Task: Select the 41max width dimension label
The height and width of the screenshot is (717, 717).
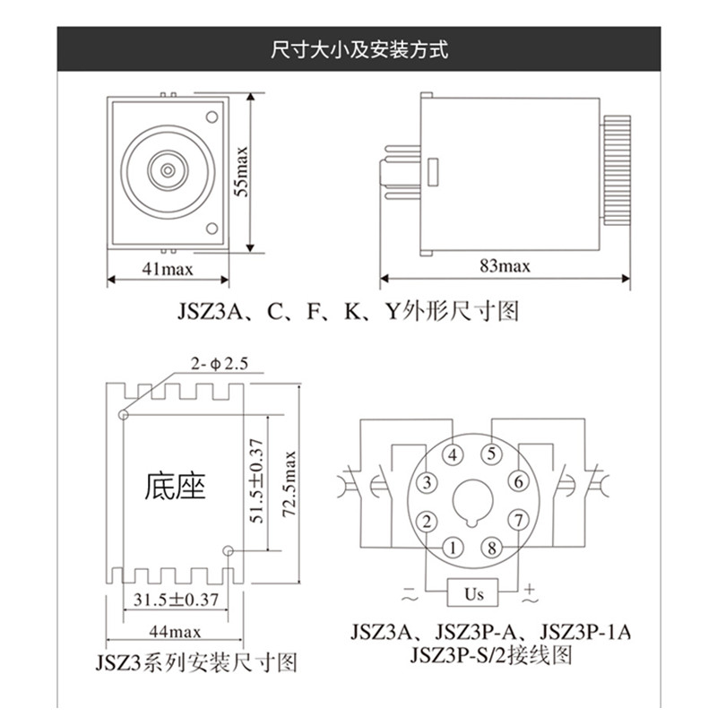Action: tap(167, 266)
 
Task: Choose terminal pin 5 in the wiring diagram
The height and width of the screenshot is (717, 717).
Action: tap(491, 454)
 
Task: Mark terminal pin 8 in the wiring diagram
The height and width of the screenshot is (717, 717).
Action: tap(491, 547)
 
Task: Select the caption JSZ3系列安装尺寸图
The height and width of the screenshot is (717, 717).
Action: tap(195, 664)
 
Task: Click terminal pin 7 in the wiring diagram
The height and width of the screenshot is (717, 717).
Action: tap(516, 520)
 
